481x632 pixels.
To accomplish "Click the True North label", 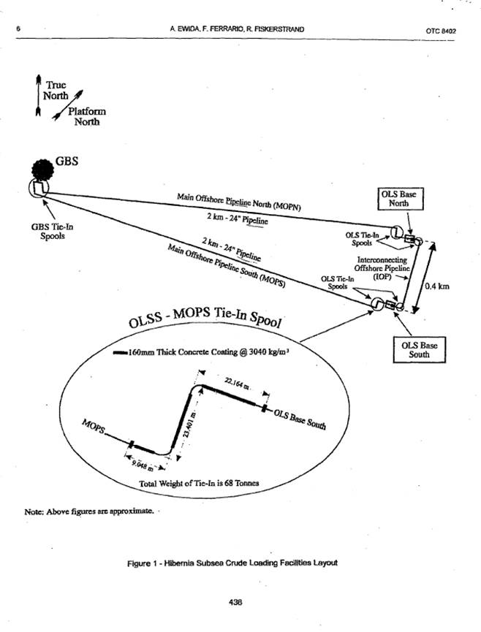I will click(x=55, y=90).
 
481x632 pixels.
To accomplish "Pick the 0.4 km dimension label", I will click(x=437, y=286).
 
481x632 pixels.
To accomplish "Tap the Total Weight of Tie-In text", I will click(x=199, y=484).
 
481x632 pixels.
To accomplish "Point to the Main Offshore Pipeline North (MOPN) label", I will click(x=239, y=202).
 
